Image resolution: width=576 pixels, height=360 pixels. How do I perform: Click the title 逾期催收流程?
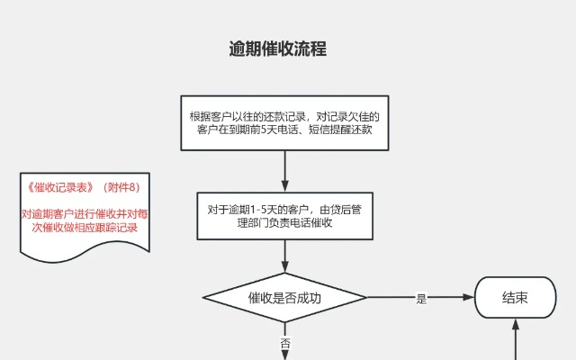277,49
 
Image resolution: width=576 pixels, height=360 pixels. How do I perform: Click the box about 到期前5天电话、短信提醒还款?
284,122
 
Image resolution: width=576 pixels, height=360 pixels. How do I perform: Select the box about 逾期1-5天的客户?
284,216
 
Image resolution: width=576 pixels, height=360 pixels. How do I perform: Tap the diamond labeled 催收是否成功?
284,298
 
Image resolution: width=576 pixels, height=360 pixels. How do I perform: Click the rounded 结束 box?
515,298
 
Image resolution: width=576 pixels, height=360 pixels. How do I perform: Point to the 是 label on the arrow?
421,299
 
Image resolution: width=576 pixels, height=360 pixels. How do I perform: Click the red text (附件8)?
121,188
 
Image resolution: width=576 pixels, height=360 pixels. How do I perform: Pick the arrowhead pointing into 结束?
470,298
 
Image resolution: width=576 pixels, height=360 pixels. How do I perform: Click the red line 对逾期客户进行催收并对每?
86,214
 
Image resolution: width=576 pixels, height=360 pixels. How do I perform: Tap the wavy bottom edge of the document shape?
85,247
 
